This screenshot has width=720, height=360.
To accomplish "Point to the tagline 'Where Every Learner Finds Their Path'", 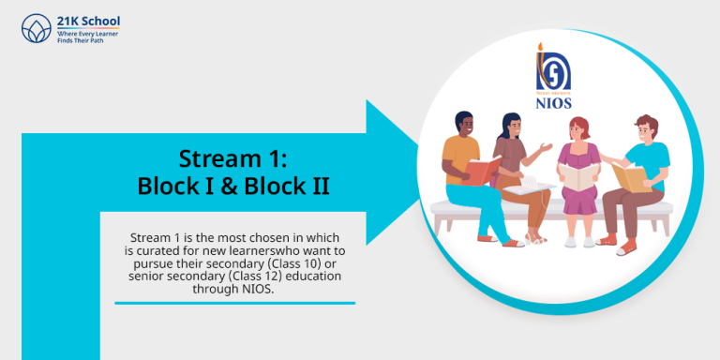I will click(89, 35).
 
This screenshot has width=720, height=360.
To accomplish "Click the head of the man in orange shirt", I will click(465, 125).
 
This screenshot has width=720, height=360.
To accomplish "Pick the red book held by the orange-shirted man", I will click(482, 172).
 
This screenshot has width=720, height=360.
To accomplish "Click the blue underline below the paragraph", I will click(234, 303).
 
